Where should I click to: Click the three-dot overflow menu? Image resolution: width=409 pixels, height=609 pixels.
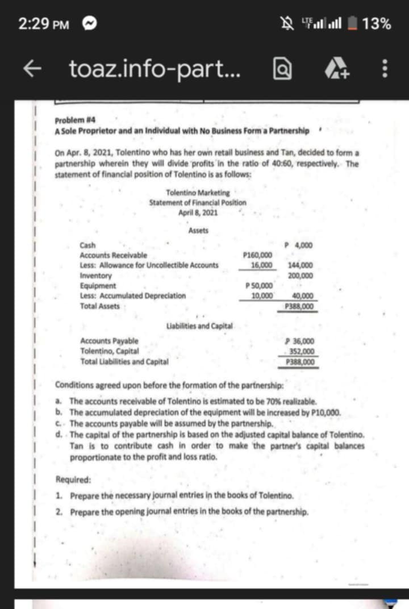pos(385,70)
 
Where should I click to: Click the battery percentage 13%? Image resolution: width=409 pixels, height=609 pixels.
pos(377,24)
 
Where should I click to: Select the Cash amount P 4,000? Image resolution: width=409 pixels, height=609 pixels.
pos(302,245)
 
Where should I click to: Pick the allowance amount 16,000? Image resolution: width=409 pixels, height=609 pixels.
pos(262,265)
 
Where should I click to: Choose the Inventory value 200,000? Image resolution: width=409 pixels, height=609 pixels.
pos(302,276)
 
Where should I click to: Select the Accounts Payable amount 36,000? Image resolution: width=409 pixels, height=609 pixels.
pos(302,341)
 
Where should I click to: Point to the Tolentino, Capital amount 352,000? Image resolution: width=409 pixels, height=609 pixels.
pos(302,351)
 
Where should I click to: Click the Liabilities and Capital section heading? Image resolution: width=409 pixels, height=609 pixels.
pos(199,326)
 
